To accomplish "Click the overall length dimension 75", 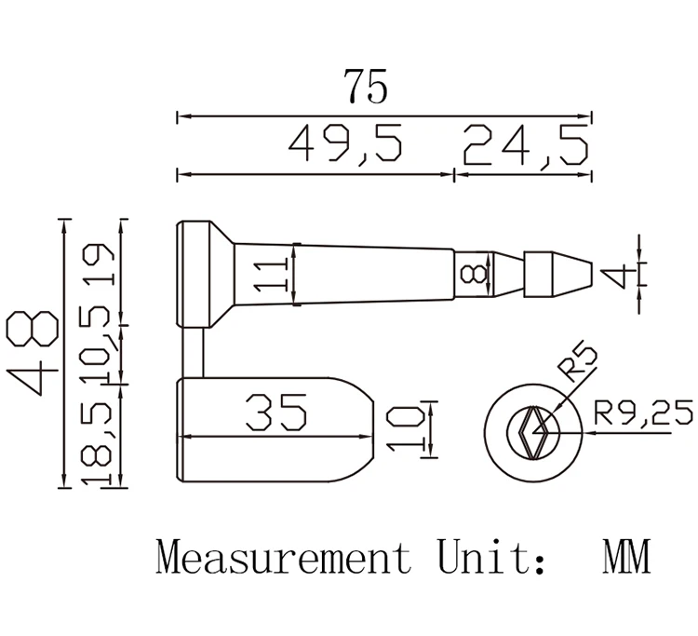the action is (x=366, y=86).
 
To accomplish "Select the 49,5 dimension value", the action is (x=345, y=143).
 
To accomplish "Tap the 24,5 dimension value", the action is (x=526, y=145).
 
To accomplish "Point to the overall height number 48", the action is (x=32, y=353).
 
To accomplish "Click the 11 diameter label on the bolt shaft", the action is (x=269, y=276).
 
